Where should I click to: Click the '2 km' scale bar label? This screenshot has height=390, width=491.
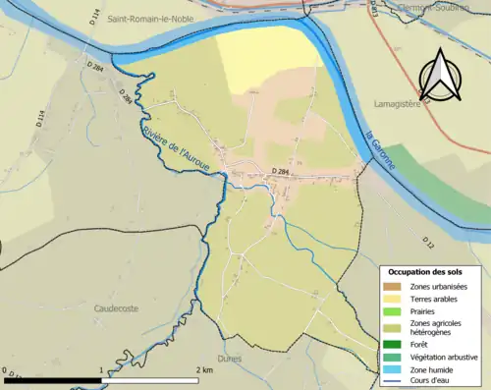pyautogui.click(x=204, y=369)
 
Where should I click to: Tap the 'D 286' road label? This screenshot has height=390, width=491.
pyautogui.click(x=125, y=97)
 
